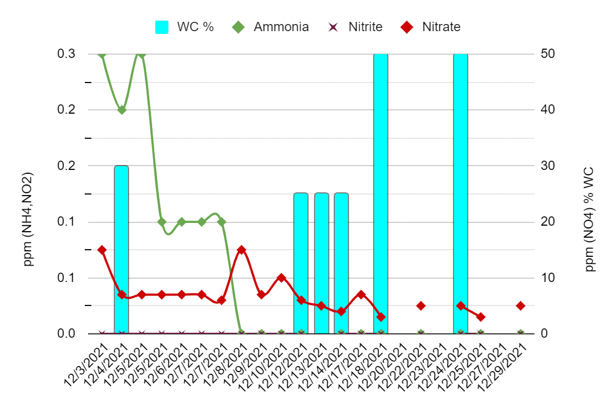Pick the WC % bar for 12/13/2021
point(321,263)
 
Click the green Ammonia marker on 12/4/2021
point(122,110)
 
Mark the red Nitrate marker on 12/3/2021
point(102,250)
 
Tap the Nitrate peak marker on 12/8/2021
point(241,250)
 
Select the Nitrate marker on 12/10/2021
point(281,278)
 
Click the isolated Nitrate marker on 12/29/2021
point(520,305)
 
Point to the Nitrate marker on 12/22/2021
point(421,305)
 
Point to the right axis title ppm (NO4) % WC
point(590,219)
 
